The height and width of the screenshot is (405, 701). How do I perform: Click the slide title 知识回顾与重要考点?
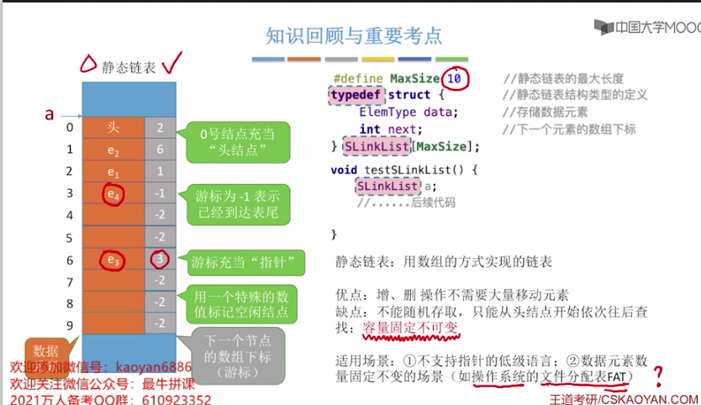pyautogui.click(x=353, y=35)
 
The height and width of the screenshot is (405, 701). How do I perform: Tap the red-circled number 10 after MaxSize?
pyautogui.click(x=455, y=78)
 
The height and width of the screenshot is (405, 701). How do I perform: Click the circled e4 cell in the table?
pyautogui.click(x=113, y=194)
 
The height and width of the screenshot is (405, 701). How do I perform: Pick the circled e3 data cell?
pyautogui.click(x=113, y=260)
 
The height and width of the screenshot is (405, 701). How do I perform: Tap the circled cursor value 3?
pyautogui.click(x=160, y=260)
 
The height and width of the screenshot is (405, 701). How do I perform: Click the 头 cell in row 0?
pyautogui.click(x=113, y=128)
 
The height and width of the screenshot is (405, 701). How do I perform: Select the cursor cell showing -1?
pyautogui.click(x=160, y=193)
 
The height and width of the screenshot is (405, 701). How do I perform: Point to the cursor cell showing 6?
pyautogui.click(x=160, y=150)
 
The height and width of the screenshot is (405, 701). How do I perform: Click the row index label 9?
pyautogui.click(x=70, y=324)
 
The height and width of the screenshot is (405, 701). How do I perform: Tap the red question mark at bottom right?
pyautogui.click(x=658, y=376)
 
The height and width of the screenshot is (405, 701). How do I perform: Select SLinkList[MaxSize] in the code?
pyautogui.click(x=411, y=146)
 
